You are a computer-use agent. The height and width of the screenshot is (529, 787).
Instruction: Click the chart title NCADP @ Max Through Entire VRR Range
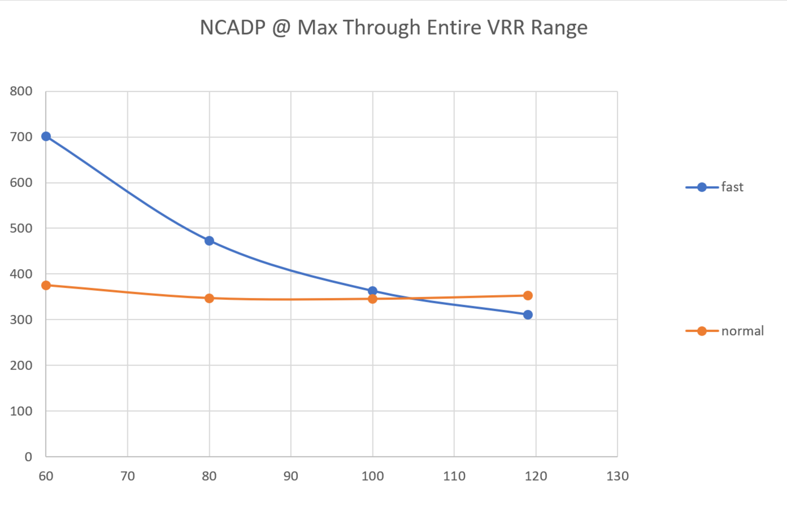[x=393, y=28]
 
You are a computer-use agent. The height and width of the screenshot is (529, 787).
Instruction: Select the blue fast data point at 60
[x=46, y=136]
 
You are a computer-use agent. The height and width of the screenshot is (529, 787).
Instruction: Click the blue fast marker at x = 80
[x=209, y=241]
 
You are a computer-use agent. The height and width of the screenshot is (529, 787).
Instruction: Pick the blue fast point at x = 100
[x=372, y=291]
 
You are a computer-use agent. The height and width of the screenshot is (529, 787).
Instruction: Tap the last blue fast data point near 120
[x=528, y=315]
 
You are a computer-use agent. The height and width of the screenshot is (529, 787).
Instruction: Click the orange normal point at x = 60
[x=46, y=285]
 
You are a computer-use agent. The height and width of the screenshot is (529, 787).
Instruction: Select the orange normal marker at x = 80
[x=209, y=298]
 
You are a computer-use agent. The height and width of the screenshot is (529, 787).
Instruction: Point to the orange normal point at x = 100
[x=372, y=299]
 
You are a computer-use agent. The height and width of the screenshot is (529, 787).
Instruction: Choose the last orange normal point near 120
[x=528, y=296]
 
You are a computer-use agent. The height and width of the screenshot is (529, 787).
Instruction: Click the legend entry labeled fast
[x=732, y=187]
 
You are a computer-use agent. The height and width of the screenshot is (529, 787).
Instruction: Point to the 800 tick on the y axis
[x=21, y=91]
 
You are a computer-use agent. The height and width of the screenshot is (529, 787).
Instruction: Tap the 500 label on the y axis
[x=21, y=228]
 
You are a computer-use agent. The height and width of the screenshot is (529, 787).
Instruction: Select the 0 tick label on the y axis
[x=28, y=457]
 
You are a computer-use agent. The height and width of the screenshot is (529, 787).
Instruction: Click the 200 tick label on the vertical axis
[x=21, y=365]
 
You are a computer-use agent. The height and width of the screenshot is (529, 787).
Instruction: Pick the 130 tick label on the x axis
[x=618, y=476]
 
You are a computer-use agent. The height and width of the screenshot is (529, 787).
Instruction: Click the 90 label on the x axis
[x=291, y=476]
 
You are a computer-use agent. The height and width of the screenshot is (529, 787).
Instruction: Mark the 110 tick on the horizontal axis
[x=454, y=476]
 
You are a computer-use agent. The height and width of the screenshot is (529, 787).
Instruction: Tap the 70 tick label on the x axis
[x=128, y=476]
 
